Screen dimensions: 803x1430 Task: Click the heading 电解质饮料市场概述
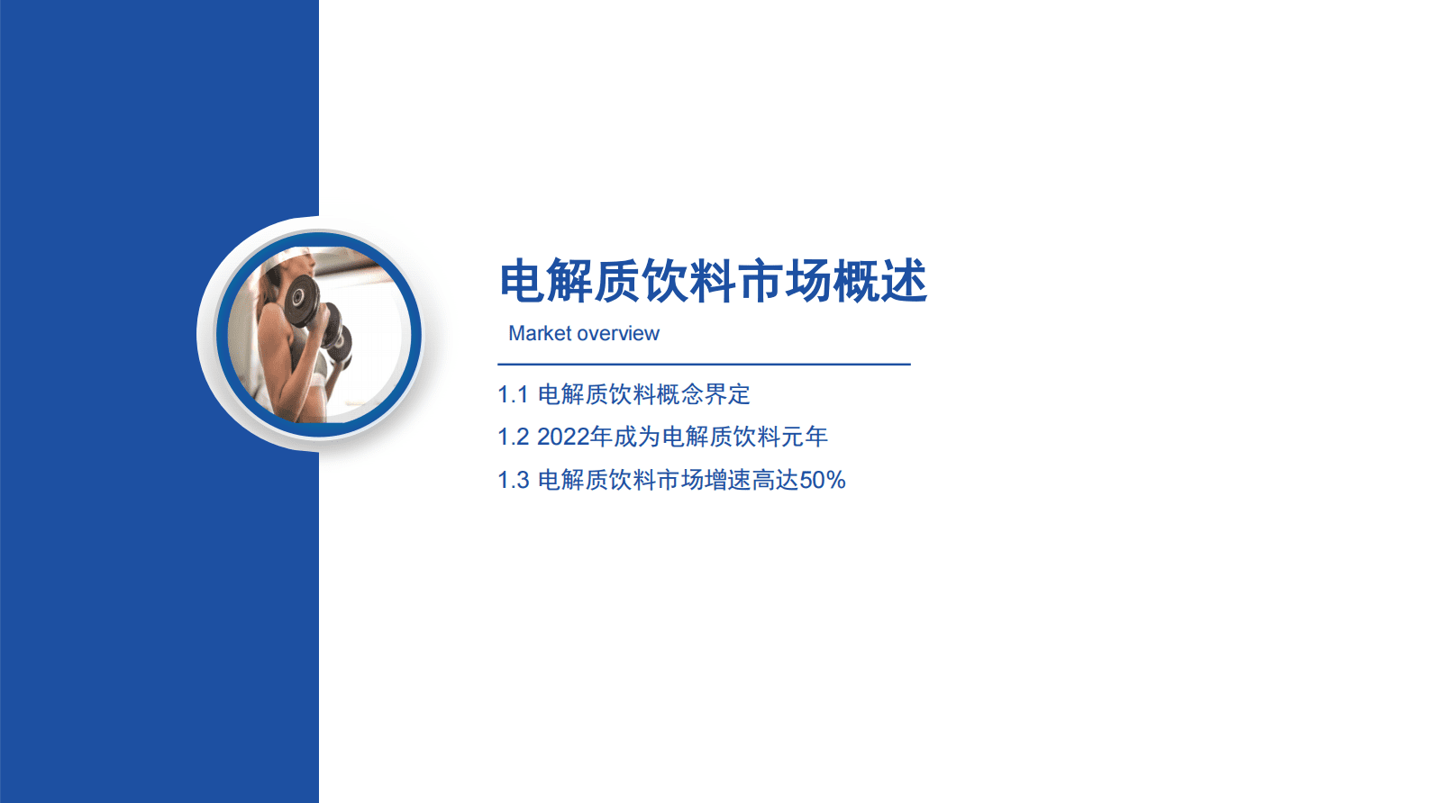713,282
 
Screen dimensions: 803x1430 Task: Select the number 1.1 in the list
513,395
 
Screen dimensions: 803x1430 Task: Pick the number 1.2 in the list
513,438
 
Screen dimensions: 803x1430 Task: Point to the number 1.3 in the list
513,481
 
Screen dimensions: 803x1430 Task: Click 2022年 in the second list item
574,438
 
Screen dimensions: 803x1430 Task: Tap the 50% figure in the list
822,481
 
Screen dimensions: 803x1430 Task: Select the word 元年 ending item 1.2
804,438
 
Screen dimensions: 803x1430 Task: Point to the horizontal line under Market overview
704,365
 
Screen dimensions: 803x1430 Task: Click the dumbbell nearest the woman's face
301,300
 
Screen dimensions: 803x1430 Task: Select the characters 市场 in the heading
784,282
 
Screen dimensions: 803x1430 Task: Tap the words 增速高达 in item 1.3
751,481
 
